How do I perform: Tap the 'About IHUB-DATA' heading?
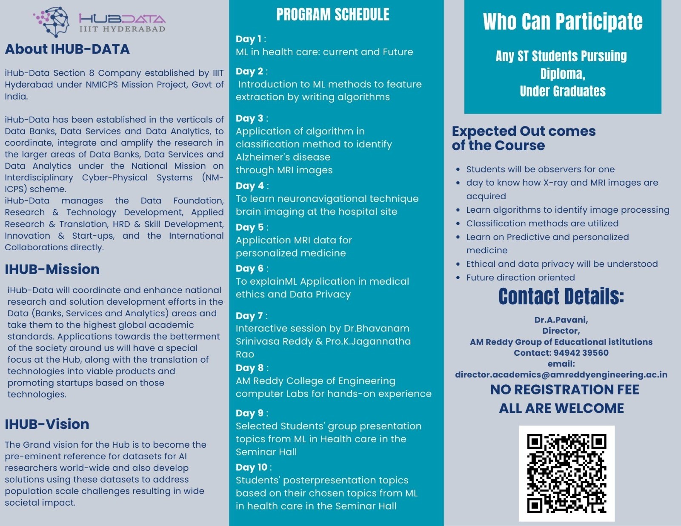(x=67, y=49)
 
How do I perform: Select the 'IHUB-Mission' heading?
(x=52, y=269)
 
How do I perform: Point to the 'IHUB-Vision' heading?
(x=47, y=424)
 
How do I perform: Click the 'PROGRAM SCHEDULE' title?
(x=332, y=15)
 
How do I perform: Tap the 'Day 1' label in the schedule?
(x=246, y=39)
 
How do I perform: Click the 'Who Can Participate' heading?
(x=562, y=22)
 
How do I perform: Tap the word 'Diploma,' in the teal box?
(x=563, y=74)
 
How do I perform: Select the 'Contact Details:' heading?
(x=561, y=297)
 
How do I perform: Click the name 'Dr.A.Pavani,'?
(x=561, y=320)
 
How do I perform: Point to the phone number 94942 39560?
(x=581, y=353)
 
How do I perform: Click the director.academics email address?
(x=561, y=375)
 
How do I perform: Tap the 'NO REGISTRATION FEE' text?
(x=564, y=390)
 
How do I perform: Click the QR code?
(x=567, y=473)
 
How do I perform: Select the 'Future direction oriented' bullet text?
(x=520, y=277)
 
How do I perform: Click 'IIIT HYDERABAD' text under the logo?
(x=122, y=29)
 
